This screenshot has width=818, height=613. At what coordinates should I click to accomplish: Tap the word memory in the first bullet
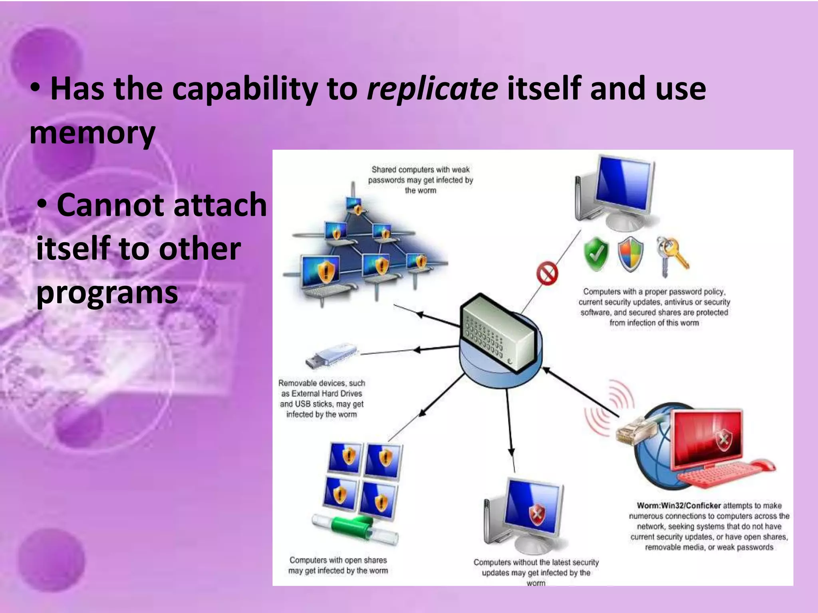[x=92, y=132]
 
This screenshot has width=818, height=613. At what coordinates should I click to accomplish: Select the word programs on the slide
[x=107, y=293]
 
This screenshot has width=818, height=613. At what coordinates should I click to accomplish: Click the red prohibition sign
[x=547, y=273]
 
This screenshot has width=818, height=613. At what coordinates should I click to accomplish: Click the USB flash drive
[x=331, y=356]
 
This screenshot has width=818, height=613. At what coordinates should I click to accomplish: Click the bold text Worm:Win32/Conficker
[x=679, y=506]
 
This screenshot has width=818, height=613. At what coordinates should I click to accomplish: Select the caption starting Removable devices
[x=322, y=398]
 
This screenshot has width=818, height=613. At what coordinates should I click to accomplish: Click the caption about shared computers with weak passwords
[x=420, y=180]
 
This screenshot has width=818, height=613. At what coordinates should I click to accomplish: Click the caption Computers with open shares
[x=338, y=565]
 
